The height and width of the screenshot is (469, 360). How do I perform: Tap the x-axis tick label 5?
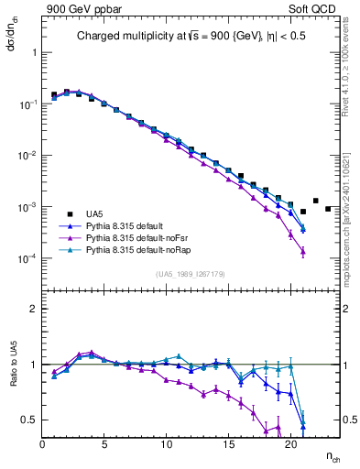tap(104, 444)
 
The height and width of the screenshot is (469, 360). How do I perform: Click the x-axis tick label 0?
tap(43, 444)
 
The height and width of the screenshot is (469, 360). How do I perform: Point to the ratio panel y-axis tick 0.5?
tap(30, 420)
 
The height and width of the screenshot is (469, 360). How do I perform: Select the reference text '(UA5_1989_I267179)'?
tap(191, 274)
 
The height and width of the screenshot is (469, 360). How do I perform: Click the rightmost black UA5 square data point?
tap(328, 209)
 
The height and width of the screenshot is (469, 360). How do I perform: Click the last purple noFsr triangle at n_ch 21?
tap(302, 252)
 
